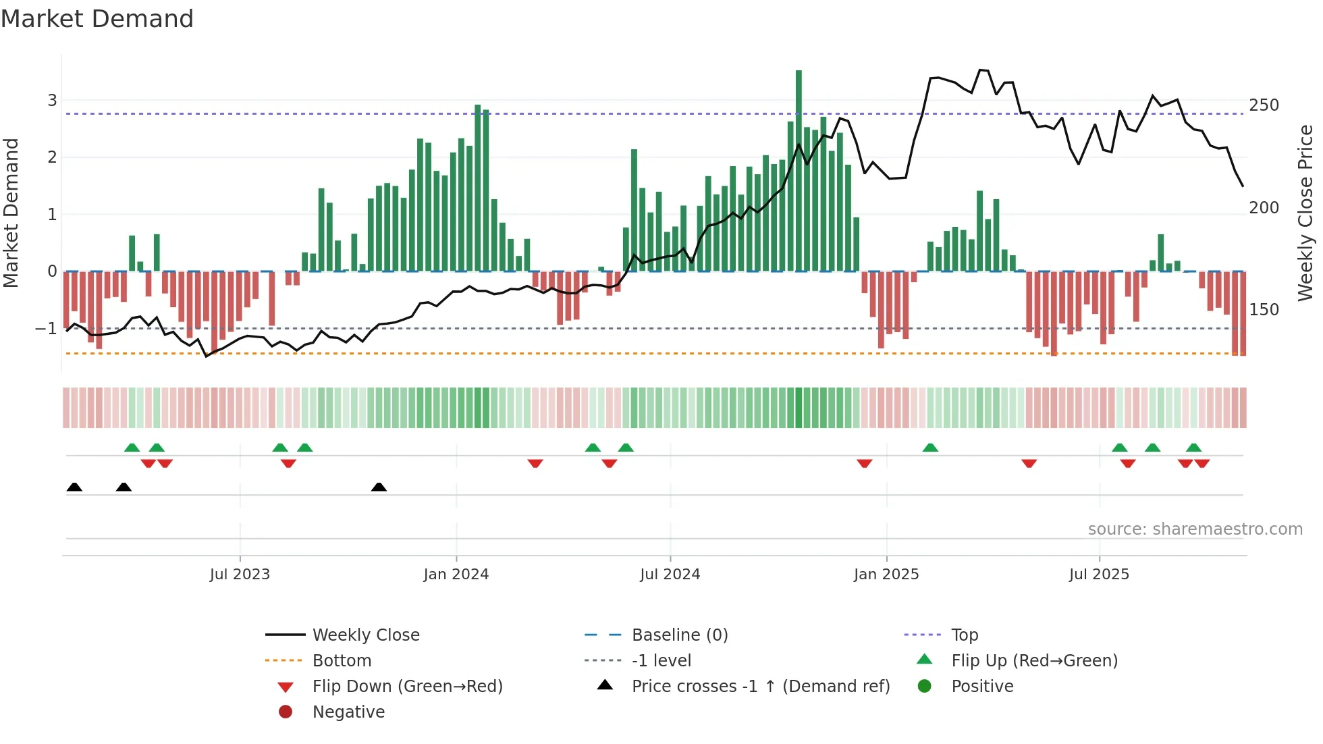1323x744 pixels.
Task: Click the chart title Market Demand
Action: click(x=97, y=19)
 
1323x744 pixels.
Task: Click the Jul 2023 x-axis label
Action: click(x=240, y=575)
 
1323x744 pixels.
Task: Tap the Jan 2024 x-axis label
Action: click(x=456, y=575)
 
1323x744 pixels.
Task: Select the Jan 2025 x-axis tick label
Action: click(x=886, y=575)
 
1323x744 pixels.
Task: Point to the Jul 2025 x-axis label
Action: click(x=1099, y=575)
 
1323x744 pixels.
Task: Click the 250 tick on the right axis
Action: click(x=1264, y=105)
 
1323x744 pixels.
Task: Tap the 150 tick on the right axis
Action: click(x=1264, y=310)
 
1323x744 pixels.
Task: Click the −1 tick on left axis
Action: click(x=46, y=329)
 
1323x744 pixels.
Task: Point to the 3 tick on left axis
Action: click(x=52, y=101)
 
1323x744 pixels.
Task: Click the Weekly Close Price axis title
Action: click(x=1305, y=213)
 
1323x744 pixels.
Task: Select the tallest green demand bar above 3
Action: click(x=799, y=169)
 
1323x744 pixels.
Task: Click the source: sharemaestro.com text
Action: click(x=1195, y=529)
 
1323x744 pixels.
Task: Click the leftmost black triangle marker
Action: click(x=74, y=487)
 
